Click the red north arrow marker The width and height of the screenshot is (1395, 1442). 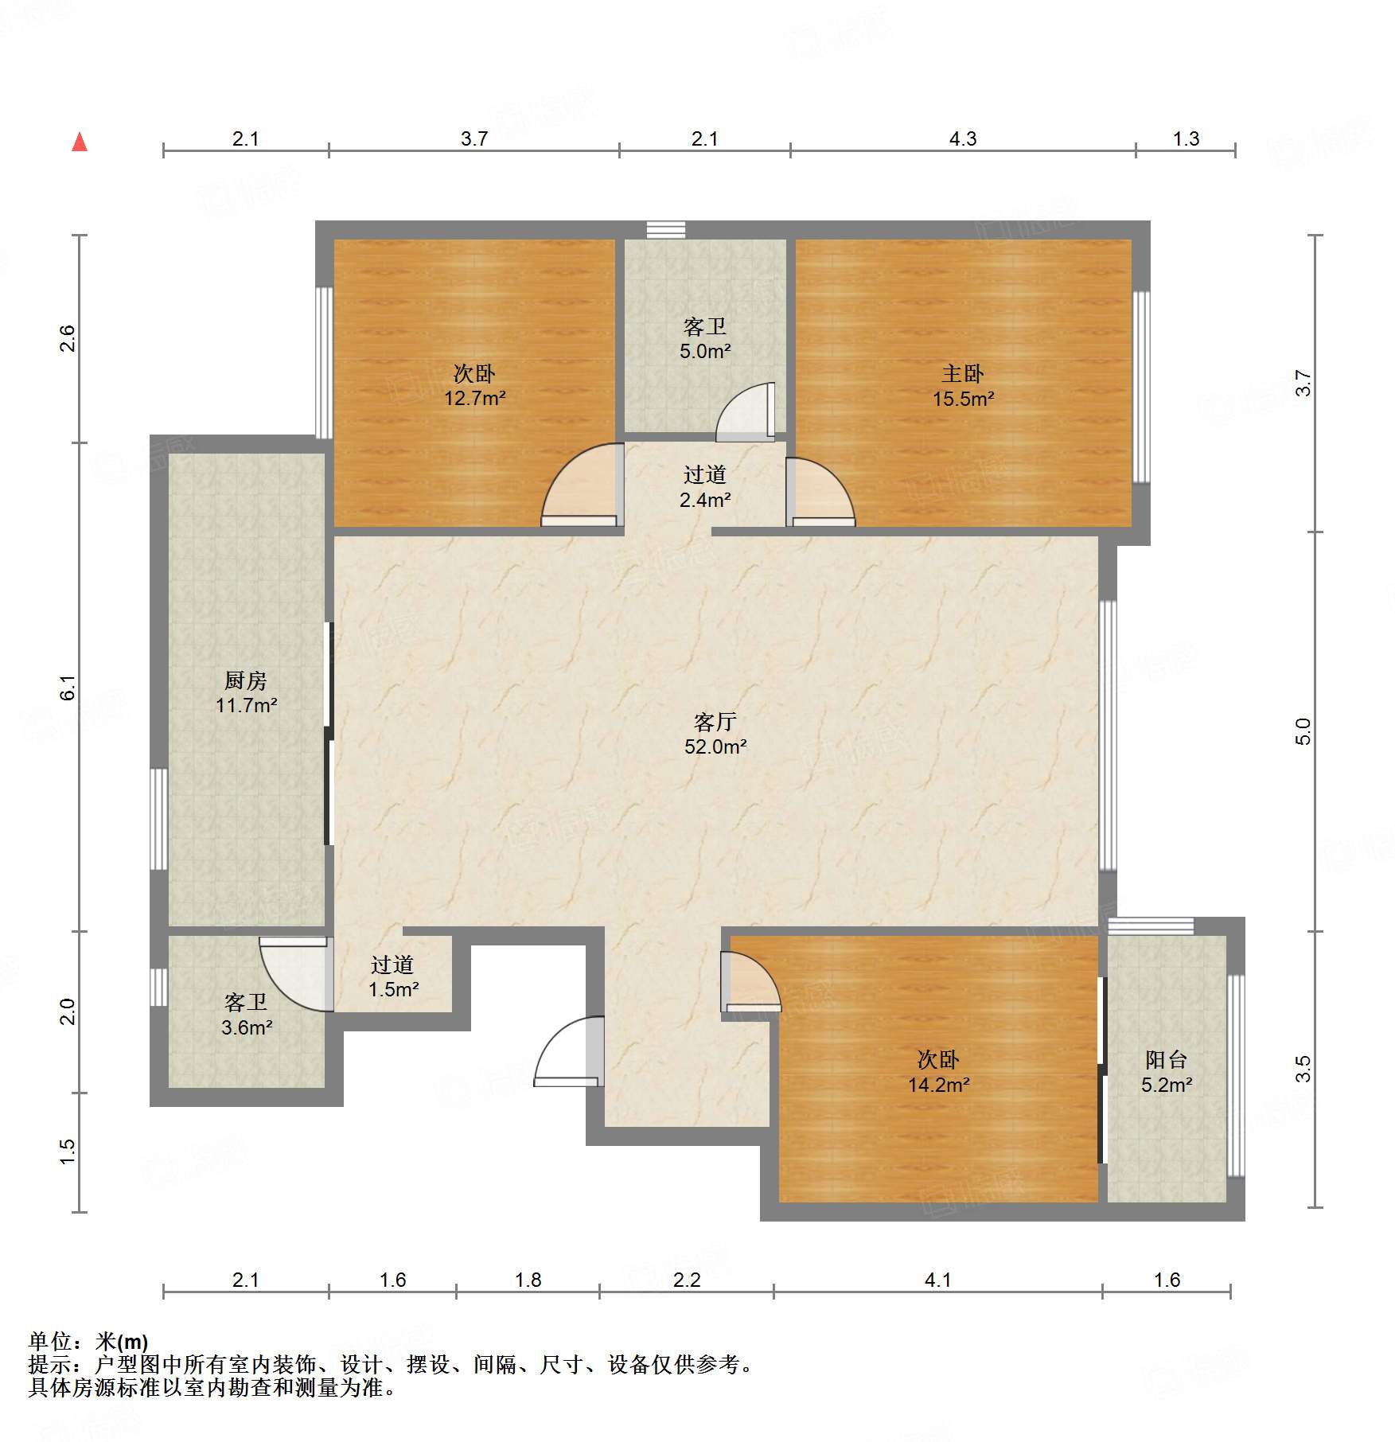(x=80, y=142)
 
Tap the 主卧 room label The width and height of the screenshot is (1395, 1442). (x=963, y=373)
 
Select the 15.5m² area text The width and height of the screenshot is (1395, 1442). (x=963, y=399)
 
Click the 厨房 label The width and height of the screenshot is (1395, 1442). (x=245, y=680)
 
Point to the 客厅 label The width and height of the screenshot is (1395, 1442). (x=715, y=722)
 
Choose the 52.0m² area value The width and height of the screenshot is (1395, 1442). (x=715, y=746)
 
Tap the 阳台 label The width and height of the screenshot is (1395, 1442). (x=1166, y=1059)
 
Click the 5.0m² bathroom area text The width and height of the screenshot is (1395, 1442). (x=705, y=351)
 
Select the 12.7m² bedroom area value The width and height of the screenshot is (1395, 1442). (x=474, y=398)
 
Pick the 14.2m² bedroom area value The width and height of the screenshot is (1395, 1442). (x=938, y=1085)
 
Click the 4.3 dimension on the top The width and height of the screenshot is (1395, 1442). (x=962, y=138)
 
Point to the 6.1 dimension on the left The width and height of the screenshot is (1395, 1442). (x=68, y=688)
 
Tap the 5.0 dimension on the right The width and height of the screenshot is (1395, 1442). (x=1303, y=731)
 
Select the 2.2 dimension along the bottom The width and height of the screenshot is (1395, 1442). (x=687, y=1280)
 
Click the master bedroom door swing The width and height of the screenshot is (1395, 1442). (x=820, y=493)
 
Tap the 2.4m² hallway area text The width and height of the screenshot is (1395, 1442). (x=705, y=500)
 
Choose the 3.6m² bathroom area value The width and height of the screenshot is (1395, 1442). (x=247, y=1027)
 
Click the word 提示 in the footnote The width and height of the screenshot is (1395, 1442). (x=50, y=1365)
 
